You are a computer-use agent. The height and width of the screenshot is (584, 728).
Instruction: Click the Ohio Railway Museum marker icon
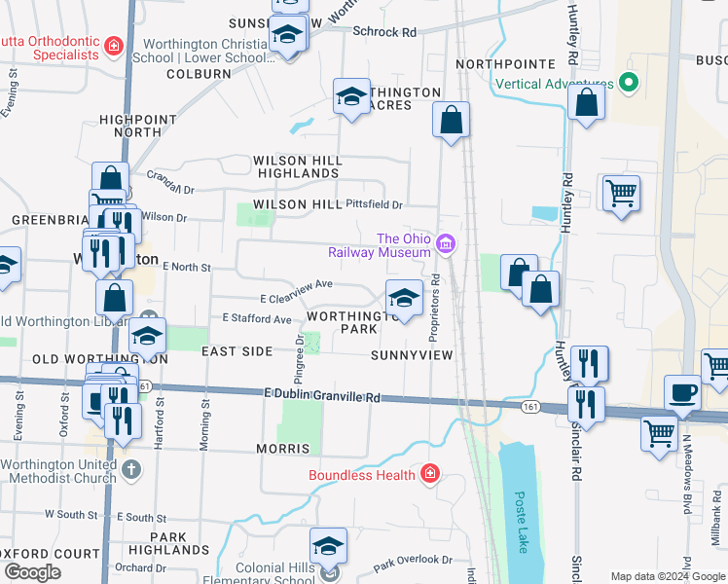(446, 242)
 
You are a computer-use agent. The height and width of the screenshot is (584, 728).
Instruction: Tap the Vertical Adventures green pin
(629, 84)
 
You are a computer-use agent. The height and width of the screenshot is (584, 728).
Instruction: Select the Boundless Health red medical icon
(429, 474)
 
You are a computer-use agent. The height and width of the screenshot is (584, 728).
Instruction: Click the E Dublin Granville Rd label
(319, 395)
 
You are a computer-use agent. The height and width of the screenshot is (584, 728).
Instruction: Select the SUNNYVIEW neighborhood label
(412, 355)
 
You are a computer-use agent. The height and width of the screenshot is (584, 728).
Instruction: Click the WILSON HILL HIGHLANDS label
(295, 166)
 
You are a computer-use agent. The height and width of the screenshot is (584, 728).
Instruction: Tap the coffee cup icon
(682, 393)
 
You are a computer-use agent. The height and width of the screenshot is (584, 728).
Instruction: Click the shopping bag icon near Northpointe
(587, 103)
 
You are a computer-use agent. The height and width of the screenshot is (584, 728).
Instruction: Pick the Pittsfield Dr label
(374, 204)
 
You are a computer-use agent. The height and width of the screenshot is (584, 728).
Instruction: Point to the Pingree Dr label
(299, 357)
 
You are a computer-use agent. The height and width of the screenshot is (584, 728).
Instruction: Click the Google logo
(32, 572)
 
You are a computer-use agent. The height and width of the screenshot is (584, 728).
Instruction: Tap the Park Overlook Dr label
(413, 562)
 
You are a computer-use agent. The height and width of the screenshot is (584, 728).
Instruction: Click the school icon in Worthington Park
(404, 298)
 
